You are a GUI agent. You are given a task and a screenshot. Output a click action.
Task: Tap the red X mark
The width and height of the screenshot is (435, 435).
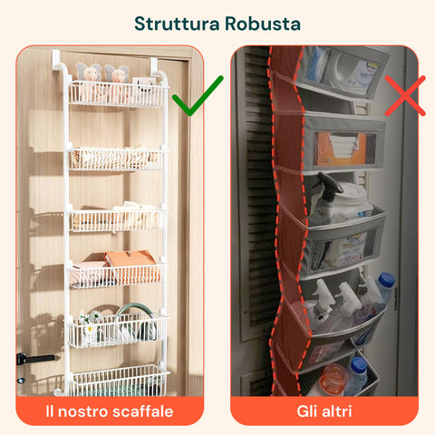pos(404,94)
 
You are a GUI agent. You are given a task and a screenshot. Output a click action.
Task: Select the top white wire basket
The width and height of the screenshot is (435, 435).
pos(118,94)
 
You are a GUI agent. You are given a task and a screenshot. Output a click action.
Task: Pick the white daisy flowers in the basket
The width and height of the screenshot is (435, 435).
pos(89,324)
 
